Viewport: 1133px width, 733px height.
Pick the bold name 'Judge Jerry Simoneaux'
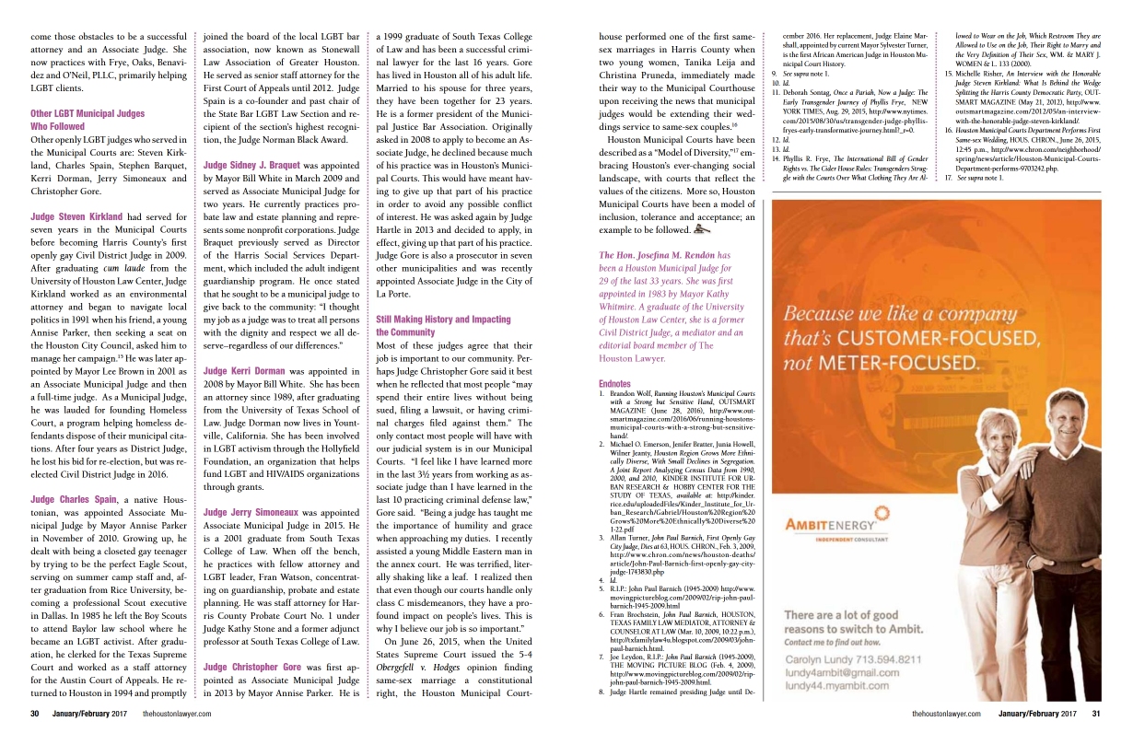tap(255, 512)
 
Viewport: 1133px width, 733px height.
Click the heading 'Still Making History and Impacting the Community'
tap(443, 325)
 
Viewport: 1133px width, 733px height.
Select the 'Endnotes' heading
tap(616, 383)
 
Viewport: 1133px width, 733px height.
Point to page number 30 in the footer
tap(34, 713)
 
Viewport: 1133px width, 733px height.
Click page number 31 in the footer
tap(1096, 713)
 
